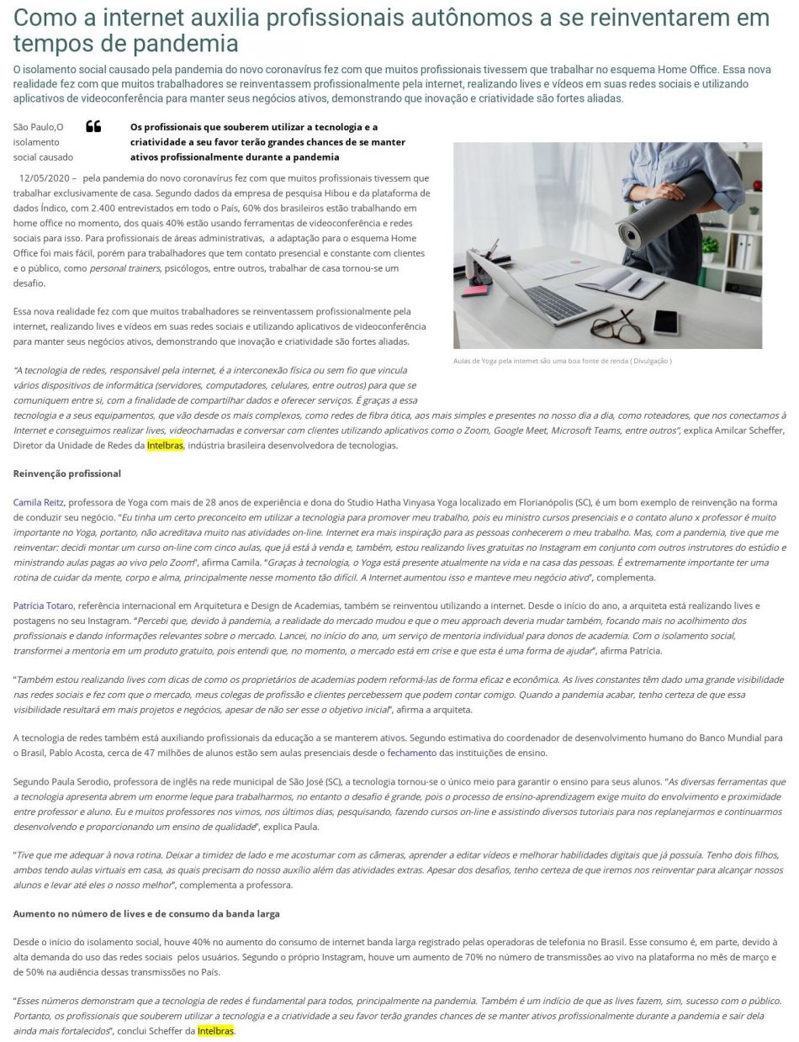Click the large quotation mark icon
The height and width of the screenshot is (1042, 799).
pos(93,127)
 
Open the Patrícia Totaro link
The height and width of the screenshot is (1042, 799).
pos(44,606)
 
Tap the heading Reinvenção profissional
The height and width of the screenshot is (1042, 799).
pos(67,473)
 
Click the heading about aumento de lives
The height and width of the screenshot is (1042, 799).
pos(146,913)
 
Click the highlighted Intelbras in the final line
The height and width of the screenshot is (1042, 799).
pos(215,1030)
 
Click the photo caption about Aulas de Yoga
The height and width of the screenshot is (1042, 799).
pos(562,362)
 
